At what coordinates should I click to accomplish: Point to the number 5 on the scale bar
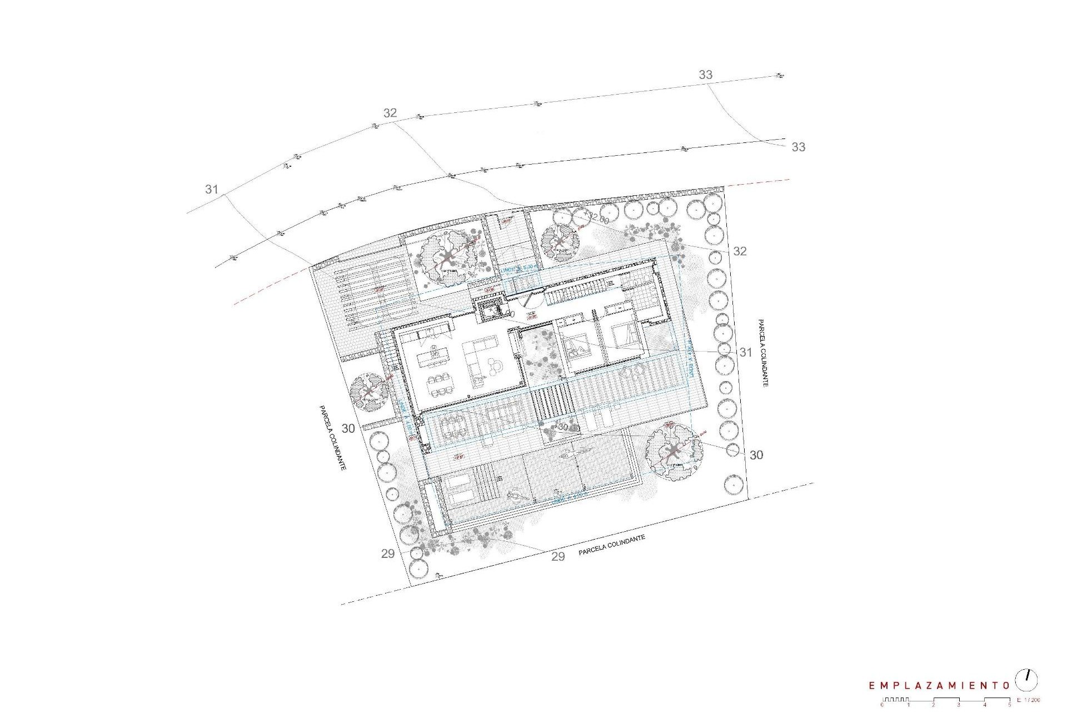click(1009, 705)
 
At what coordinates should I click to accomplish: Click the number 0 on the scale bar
click(882, 705)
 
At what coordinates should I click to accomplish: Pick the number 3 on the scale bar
click(959, 705)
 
